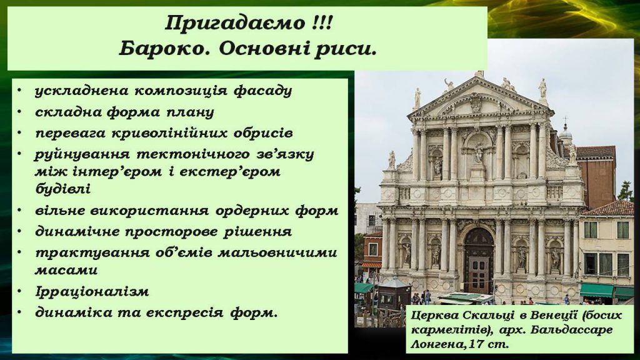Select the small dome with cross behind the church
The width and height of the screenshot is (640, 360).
coord(566,132)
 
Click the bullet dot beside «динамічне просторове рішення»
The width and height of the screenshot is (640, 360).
coord(22,231)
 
